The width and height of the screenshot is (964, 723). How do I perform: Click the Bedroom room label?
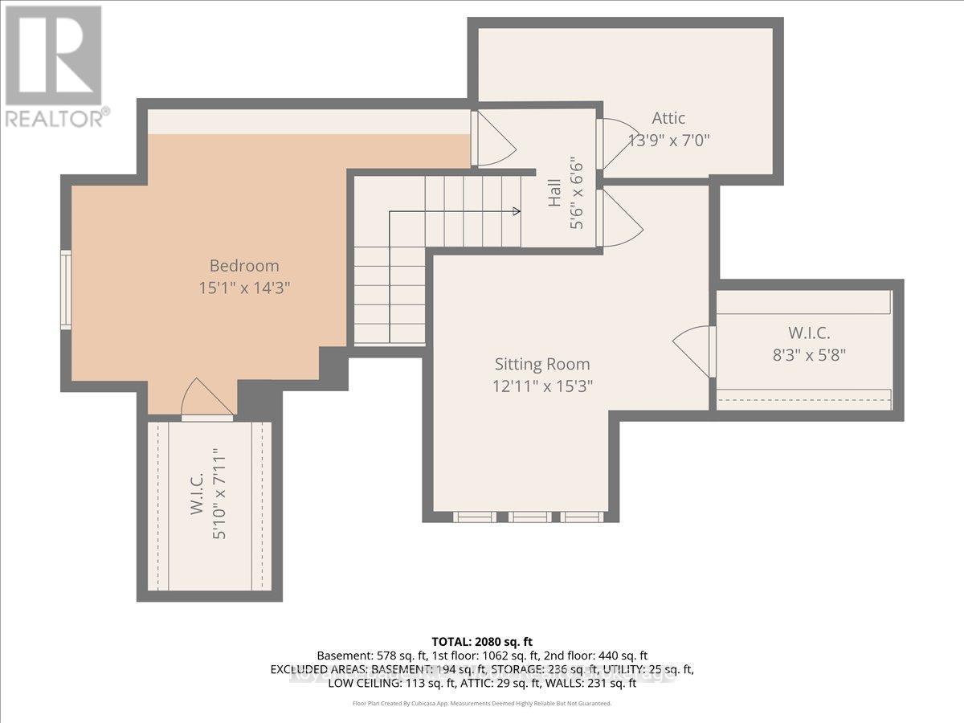click(244, 266)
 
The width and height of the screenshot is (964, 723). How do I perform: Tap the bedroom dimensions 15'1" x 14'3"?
click(244, 288)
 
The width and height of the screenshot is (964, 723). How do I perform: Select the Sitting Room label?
click(542, 364)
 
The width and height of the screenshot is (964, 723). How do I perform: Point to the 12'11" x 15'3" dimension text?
click(542, 386)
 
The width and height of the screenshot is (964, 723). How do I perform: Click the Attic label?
click(668, 118)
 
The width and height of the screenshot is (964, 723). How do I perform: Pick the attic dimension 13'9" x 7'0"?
click(668, 140)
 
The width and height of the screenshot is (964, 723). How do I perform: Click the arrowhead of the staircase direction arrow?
click(516, 212)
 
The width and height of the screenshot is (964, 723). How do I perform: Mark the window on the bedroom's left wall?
click(66, 289)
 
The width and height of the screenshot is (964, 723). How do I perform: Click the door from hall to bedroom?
click(492, 139)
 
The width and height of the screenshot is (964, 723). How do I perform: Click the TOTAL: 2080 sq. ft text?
click(482, 642)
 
